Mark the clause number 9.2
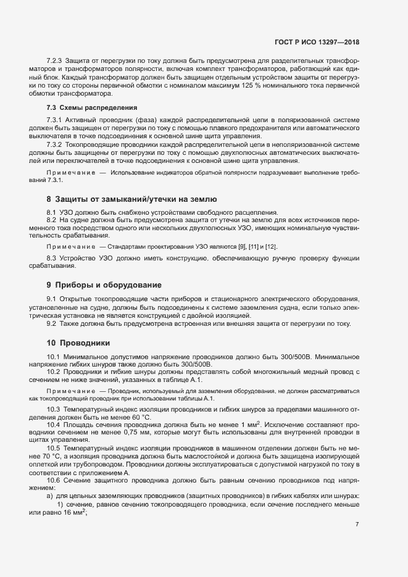coord(52,323)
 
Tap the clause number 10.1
coord(54,357)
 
